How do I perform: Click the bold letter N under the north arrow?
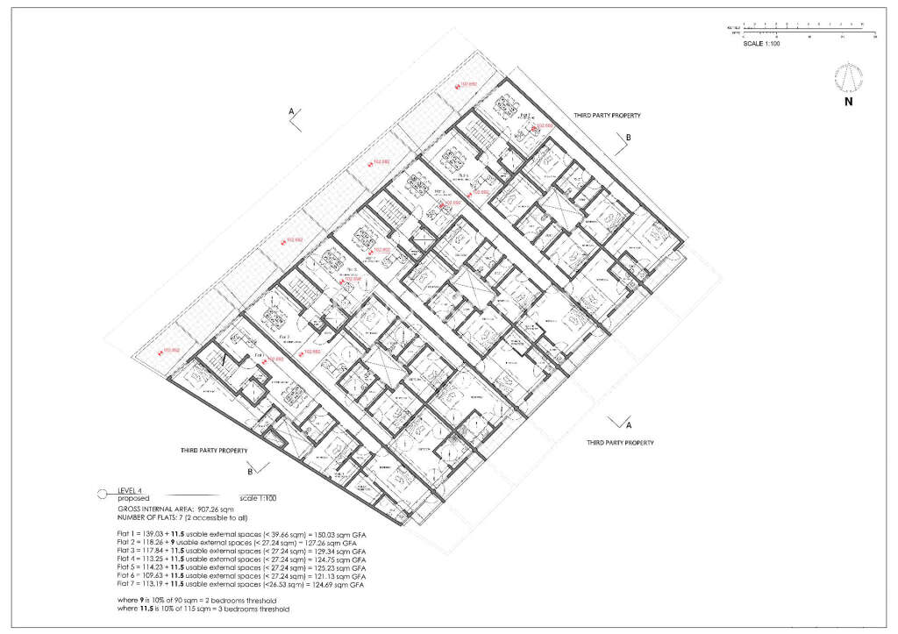pos(848,102)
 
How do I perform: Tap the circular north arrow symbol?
pos(847,78)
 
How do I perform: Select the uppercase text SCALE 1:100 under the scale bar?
pos(761,43)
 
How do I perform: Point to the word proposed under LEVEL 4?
pos(134,498)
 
